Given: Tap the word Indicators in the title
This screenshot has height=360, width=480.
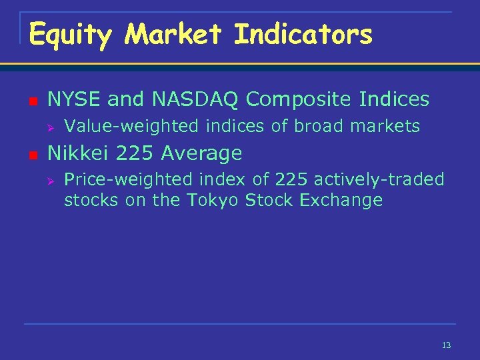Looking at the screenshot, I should (x=303, y=34).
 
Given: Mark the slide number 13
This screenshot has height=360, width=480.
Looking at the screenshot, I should (x=446, y=345).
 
